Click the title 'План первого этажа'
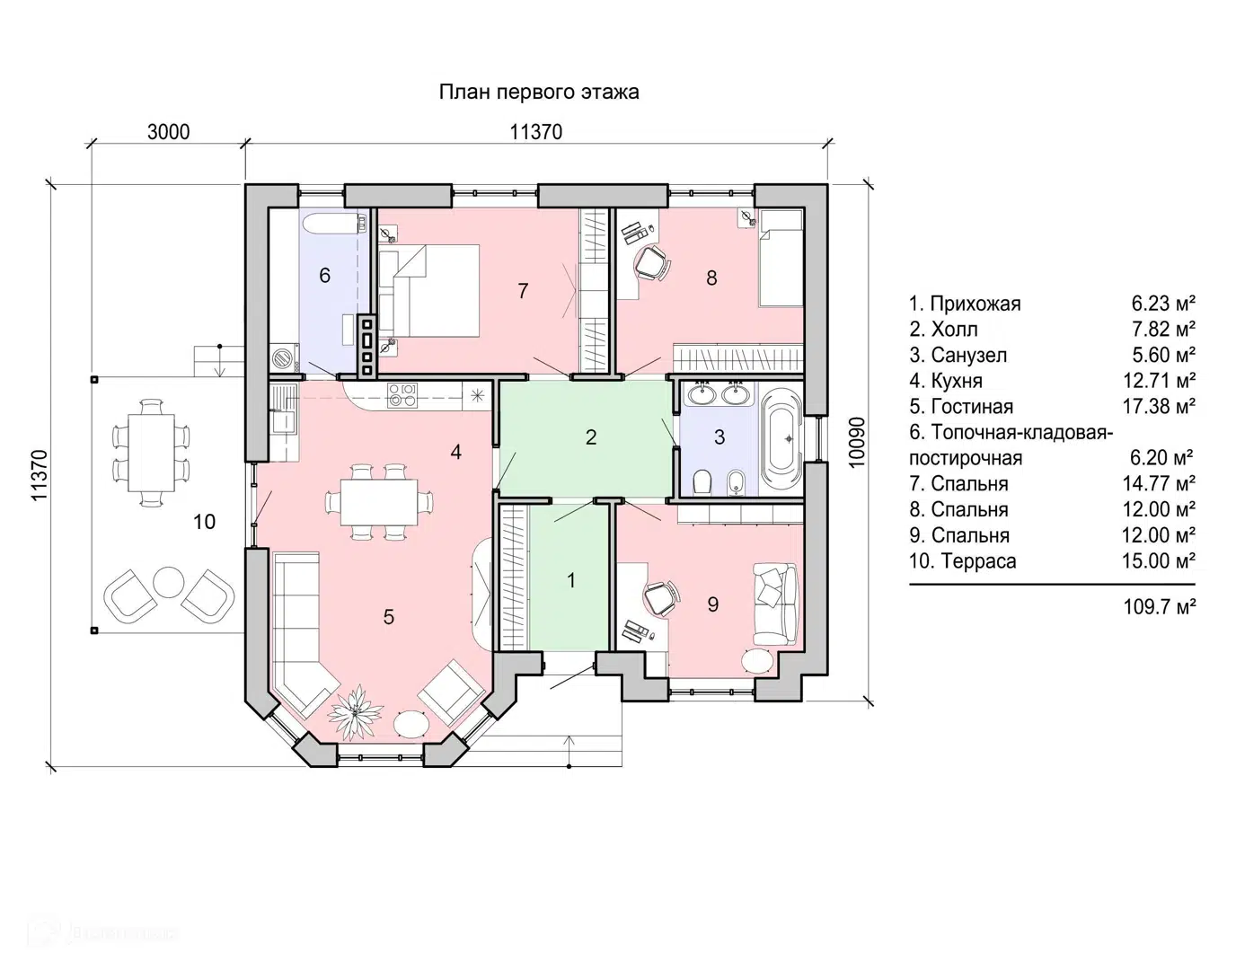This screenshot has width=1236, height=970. point(539,93)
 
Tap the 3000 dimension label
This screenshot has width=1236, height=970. point(168,132)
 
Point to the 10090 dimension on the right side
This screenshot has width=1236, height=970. point(857,443)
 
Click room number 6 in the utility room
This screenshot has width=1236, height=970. point(325,275)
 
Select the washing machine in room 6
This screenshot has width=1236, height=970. point(285,357)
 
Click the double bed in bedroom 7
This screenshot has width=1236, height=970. point(429,290)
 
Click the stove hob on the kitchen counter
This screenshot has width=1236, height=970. point(402,395)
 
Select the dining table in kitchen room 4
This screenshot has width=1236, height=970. point(379,502)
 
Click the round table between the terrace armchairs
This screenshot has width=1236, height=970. point(169,581)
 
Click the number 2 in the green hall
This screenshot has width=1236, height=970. point(591,436)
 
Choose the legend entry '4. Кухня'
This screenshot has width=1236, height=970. point(945,381)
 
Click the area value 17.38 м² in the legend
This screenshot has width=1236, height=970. point(1159,406)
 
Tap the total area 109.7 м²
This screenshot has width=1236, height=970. point(1160,606)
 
